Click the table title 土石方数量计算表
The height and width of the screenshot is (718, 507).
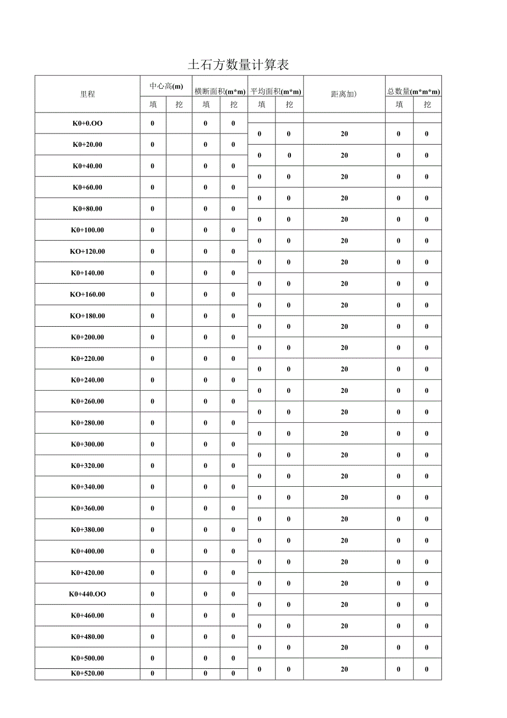click(x=239, y=65)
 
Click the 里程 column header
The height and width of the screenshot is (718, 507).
click(x=88, y=94)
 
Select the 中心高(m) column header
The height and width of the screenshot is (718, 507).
click(x=166, y=86)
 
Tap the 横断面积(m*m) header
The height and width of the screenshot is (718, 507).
click(x=220, y=91)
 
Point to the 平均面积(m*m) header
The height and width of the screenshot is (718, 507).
click(x=276, y=91)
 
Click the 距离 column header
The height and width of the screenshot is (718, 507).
click(x=344, y=94)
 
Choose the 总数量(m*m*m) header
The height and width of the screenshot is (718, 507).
click(x=413, y=91)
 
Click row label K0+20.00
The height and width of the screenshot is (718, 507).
click(x=88, y=145)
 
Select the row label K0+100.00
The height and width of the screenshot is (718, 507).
click(x=88, y=230)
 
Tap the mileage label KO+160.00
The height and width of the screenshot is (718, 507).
click(x=88, y=294)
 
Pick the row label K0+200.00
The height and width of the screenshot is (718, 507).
click(x=88, y=337)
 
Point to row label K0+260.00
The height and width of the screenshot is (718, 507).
click(x=88, y=401)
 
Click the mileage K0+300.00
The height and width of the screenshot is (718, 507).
click(x=88, y=444)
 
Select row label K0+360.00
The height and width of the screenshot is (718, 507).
click(x=88, y=508)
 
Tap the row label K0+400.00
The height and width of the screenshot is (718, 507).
click(x=88, y=551)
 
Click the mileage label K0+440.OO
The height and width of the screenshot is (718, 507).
click(x=88, y=594)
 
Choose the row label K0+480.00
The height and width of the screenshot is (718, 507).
click(x=88, y=637)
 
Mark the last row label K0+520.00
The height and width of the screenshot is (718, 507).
click(x=88, y=673)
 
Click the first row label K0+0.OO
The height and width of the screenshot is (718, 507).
click(x=88, y=123)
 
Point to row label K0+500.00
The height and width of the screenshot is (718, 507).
click(x=88, y=658)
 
